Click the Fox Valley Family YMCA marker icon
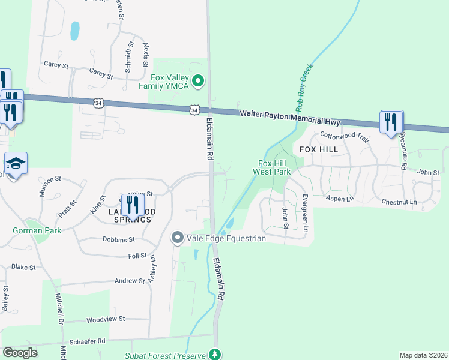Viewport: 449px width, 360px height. point(199,79)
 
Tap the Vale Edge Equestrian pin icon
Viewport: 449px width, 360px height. point(177,238)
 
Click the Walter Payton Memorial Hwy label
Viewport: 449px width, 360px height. point(289,118)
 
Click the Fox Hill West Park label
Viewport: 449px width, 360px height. point(274,167)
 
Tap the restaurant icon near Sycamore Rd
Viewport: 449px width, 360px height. point(391,122)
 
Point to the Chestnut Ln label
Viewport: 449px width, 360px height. point(399,202)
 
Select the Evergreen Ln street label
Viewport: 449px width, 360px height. point(305,213)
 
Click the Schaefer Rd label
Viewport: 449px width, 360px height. point(88,341)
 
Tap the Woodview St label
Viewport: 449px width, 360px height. point(105,319)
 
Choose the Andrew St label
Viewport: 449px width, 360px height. point(130,280)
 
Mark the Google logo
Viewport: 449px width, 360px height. point(20,353)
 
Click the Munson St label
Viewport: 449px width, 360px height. point(50,179)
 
